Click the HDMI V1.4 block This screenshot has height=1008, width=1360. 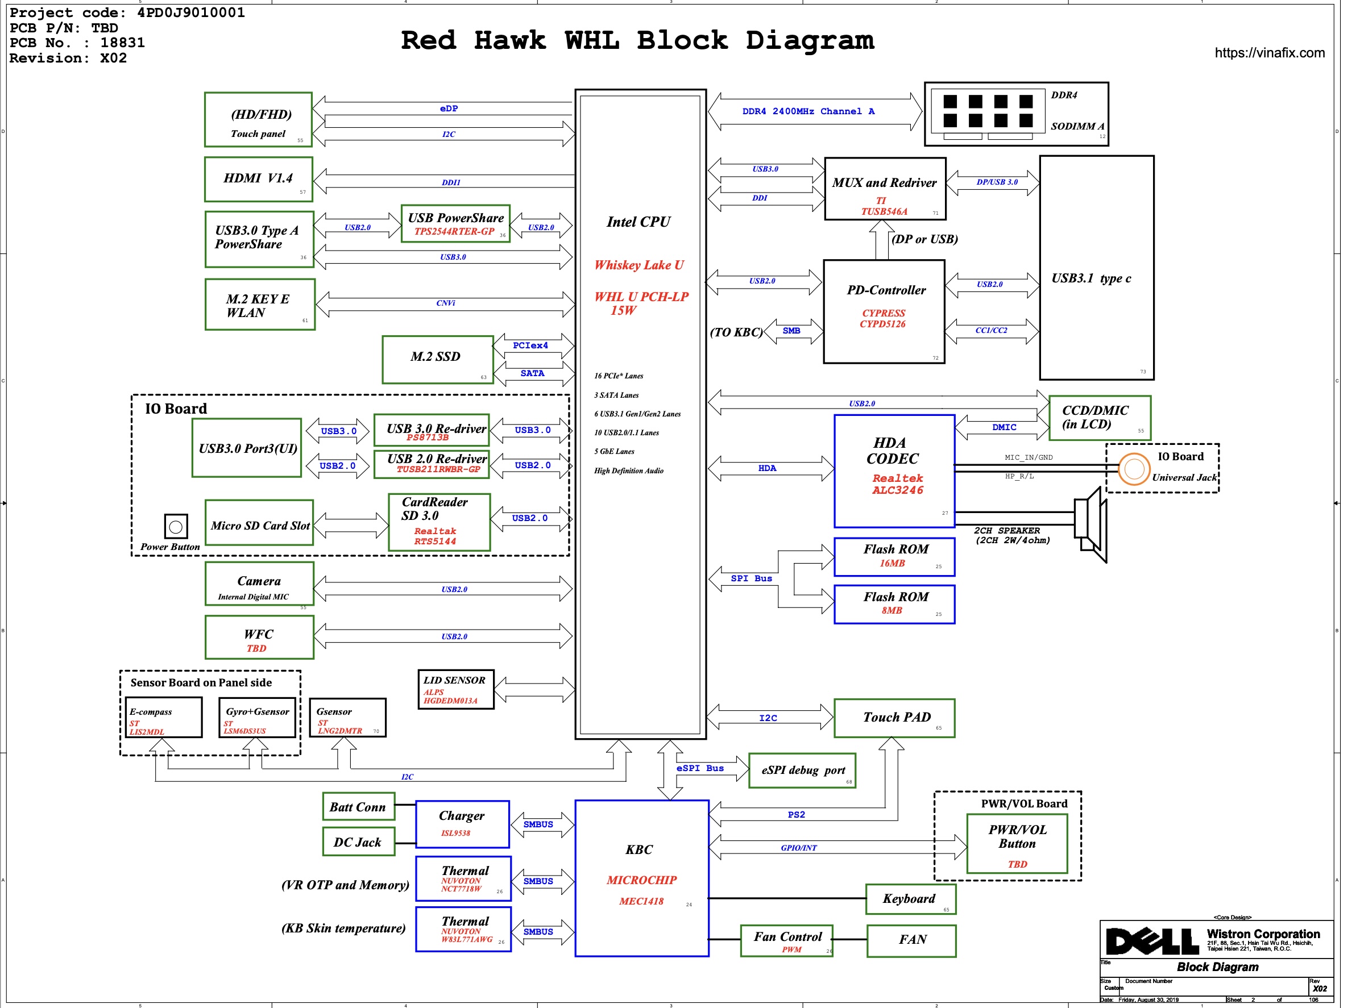coord(259,180)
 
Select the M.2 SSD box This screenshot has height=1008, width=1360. coord(438,359)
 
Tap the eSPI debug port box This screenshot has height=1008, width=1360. coord(802,770)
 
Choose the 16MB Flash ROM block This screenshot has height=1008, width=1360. coord(894,556)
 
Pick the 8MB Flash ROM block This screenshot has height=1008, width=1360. coord(894,604)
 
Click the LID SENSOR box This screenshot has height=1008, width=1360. coord(456,689)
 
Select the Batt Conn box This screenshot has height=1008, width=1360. coord(358,807)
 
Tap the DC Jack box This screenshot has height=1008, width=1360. coord(358,842)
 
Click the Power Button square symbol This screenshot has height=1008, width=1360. coord(176,527)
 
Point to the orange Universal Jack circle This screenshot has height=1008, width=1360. coord(1134,469)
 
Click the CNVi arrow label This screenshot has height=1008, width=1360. coord(446,303)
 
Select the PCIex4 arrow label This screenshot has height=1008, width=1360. coord(530,345)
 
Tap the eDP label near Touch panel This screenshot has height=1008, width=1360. coord(449,109)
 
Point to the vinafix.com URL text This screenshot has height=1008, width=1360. coord(1269,53)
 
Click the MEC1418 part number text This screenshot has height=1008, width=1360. coord(641,901)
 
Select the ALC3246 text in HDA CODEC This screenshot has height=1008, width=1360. coord(897,490)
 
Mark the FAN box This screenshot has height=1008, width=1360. coord(911,940)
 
